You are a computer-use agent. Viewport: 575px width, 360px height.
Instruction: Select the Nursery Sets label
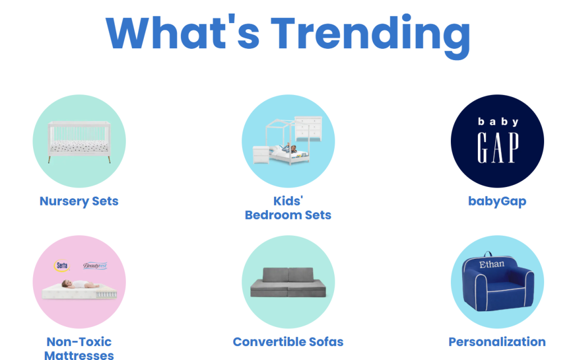79,201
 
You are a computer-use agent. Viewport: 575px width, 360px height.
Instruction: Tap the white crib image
79,142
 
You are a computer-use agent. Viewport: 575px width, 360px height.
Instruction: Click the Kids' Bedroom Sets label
288,208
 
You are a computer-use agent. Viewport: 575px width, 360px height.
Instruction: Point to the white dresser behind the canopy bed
308,128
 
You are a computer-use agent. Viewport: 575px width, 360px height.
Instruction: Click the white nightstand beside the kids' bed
261,154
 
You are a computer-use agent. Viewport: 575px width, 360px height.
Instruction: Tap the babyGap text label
498,201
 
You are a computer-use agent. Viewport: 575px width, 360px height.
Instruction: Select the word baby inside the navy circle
498,122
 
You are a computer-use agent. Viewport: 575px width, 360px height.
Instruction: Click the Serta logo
62,266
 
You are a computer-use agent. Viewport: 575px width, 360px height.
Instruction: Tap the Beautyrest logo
95,266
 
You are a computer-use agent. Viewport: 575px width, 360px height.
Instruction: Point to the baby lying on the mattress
79,284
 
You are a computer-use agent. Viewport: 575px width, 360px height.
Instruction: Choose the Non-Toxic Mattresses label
79,349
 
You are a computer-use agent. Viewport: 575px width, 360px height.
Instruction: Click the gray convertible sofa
288,282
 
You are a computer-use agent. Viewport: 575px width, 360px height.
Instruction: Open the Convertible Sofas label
288,342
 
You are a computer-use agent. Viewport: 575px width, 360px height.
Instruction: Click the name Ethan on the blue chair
491,265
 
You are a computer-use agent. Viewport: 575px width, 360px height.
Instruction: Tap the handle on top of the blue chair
488,254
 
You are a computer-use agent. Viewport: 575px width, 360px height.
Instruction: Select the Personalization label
498,342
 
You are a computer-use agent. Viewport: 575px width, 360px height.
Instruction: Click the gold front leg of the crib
49,160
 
